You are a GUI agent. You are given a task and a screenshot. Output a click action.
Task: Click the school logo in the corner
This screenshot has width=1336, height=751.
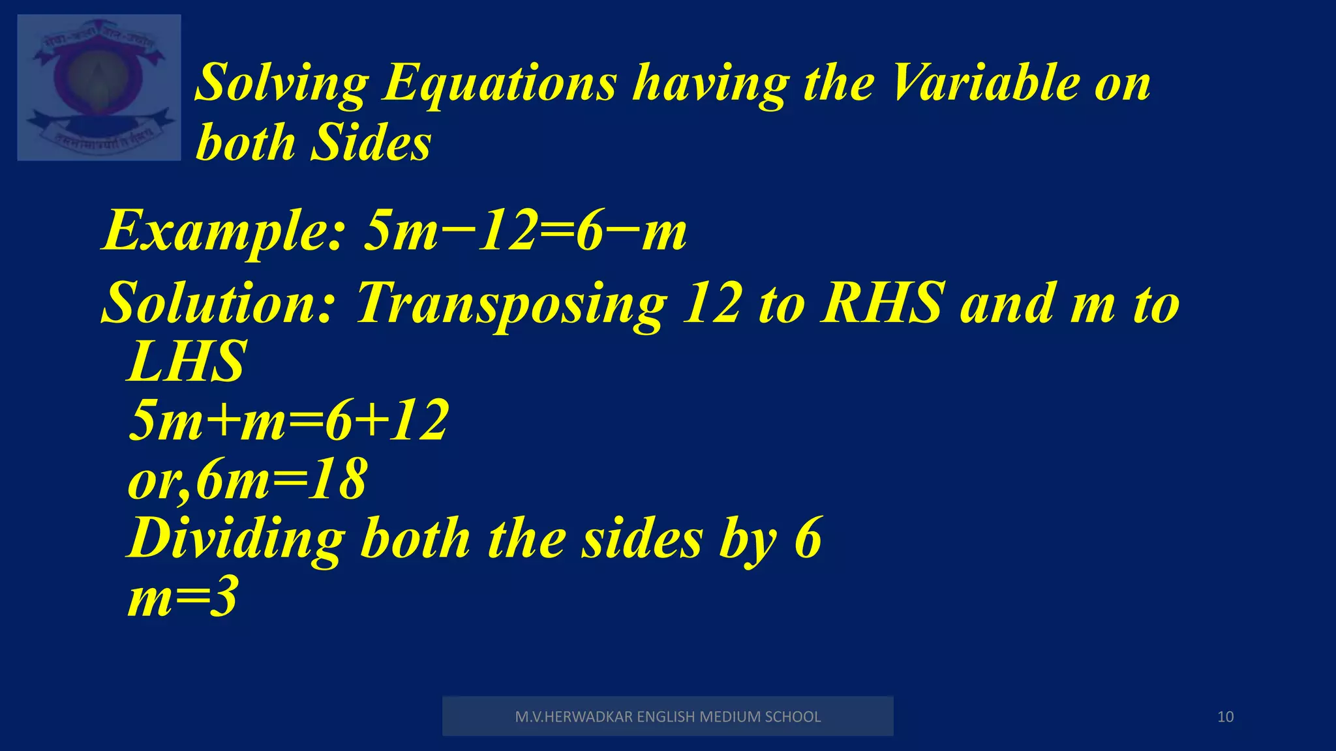[99, 87]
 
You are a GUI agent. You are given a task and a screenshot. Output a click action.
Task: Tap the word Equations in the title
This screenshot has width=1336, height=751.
[499, 83]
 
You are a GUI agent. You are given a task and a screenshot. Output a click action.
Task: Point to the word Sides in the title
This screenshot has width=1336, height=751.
[371, 142]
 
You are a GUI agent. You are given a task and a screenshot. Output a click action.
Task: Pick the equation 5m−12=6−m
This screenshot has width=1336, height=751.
[525, 231]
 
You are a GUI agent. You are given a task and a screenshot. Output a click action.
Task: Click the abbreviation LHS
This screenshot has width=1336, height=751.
[187, 362]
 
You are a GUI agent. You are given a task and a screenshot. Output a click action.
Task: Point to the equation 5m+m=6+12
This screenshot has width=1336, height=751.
[288, 420]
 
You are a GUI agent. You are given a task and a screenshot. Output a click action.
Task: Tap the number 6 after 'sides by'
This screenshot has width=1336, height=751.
[808, 538]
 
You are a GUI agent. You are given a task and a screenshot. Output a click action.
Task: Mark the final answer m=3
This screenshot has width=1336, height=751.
[183, 598]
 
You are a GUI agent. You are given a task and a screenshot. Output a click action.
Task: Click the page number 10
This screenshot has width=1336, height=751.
[1225, 717]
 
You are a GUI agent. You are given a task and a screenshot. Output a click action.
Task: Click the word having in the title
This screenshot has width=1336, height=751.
[711, 83]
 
